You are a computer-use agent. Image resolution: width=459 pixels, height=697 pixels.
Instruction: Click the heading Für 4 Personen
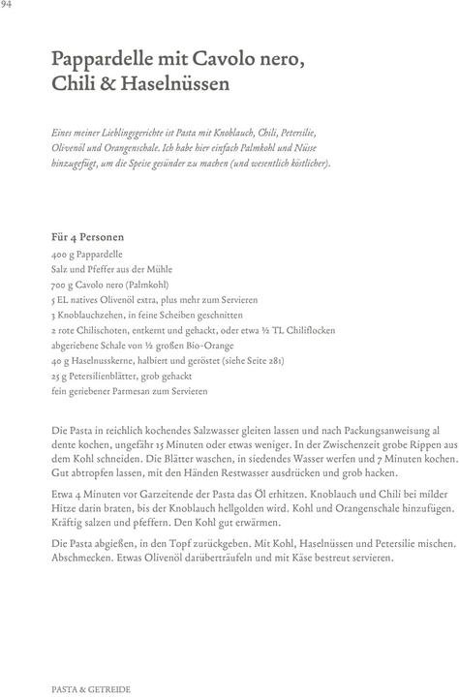tap(87, 236)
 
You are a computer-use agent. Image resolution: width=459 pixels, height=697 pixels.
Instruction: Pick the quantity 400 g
tap(63, 253)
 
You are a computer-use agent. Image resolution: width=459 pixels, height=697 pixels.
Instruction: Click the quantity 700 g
tap(63, 286)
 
